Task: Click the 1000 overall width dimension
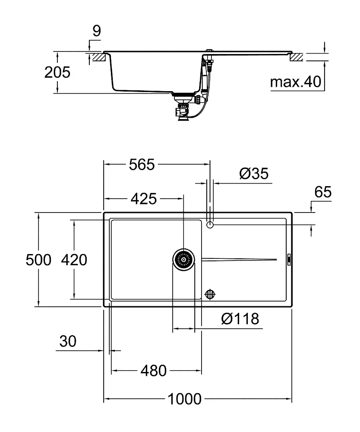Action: (185, 399)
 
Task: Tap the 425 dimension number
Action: (143, 199)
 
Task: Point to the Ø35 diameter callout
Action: (253, 174)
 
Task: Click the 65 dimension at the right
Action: (322, 193)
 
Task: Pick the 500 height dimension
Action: (38, 260)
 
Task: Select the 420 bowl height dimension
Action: (74, 260)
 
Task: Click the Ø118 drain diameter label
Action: (240, 319)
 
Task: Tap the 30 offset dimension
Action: (68, 341)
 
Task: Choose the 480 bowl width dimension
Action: (153, 370)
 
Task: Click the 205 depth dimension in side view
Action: (57, 72)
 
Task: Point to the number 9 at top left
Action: (96, 31)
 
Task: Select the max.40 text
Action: (296, 82)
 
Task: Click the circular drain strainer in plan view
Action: (183, 260)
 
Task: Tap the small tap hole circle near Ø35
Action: (210, 225)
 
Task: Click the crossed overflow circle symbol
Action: (210, 294)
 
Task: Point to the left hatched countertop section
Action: (98, 57)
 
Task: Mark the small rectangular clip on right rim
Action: (289, 259)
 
